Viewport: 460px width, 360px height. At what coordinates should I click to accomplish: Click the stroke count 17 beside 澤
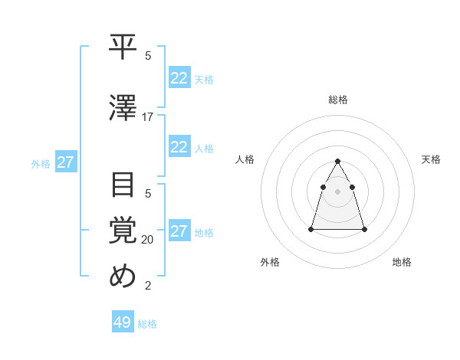[148, 117]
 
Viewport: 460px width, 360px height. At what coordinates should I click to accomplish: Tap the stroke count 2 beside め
[148, 286]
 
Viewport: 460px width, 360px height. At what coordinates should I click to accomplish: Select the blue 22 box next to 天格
[179, 78]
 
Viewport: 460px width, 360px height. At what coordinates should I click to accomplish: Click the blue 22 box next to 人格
[179, 147]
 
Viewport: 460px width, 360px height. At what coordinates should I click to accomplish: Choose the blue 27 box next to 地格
[179, 231]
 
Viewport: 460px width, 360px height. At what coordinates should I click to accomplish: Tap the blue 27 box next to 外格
[65, 162]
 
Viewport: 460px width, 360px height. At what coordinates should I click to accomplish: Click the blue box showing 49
[122, 322]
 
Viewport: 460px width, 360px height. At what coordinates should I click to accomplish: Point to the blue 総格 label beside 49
[147, 324]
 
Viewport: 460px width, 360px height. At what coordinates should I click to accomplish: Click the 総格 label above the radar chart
[338, 100]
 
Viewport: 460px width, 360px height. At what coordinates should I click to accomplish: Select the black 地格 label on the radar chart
[402, 262]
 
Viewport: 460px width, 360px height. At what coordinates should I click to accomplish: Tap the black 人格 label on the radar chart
[245, 159]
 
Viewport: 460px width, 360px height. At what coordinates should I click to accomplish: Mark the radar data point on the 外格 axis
[311, 229]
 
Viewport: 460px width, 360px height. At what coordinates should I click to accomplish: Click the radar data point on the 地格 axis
[364, 229]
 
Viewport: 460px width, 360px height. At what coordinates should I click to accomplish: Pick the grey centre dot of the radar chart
[337, 191]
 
